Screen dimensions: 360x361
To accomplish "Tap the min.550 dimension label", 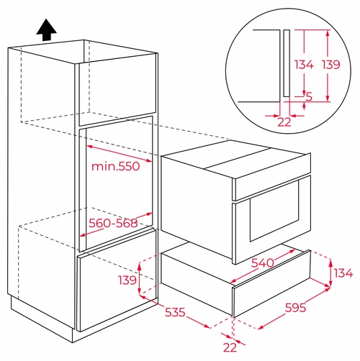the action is click(x=115, y=166).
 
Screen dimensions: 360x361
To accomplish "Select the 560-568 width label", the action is click(x=113, y=223).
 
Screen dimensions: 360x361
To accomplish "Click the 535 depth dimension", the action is click(x=175, y=312).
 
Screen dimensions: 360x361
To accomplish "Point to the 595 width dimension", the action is click(x=295, y=307).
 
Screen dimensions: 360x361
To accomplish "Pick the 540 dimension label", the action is click(x=262, y=262).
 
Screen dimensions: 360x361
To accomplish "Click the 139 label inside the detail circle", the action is click(x=331, y=65).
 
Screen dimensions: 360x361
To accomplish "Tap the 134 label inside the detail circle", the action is click(x=304, y=65).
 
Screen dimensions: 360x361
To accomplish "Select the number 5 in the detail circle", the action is click(x=309, y=96).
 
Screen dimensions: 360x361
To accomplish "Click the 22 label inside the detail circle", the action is click(x=284, y=122).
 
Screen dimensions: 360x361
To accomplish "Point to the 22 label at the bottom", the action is click(x=230, y=347).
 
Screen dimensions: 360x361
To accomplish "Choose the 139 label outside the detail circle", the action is click(x=127, y=280).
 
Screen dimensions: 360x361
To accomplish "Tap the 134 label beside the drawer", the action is click(x=343, y=273).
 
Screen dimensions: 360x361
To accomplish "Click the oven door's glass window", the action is click(x=274, y=211).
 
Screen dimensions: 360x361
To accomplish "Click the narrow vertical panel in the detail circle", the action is click(x=287, y=63).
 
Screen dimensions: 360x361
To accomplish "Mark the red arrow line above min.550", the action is click(x=119, y=153).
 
